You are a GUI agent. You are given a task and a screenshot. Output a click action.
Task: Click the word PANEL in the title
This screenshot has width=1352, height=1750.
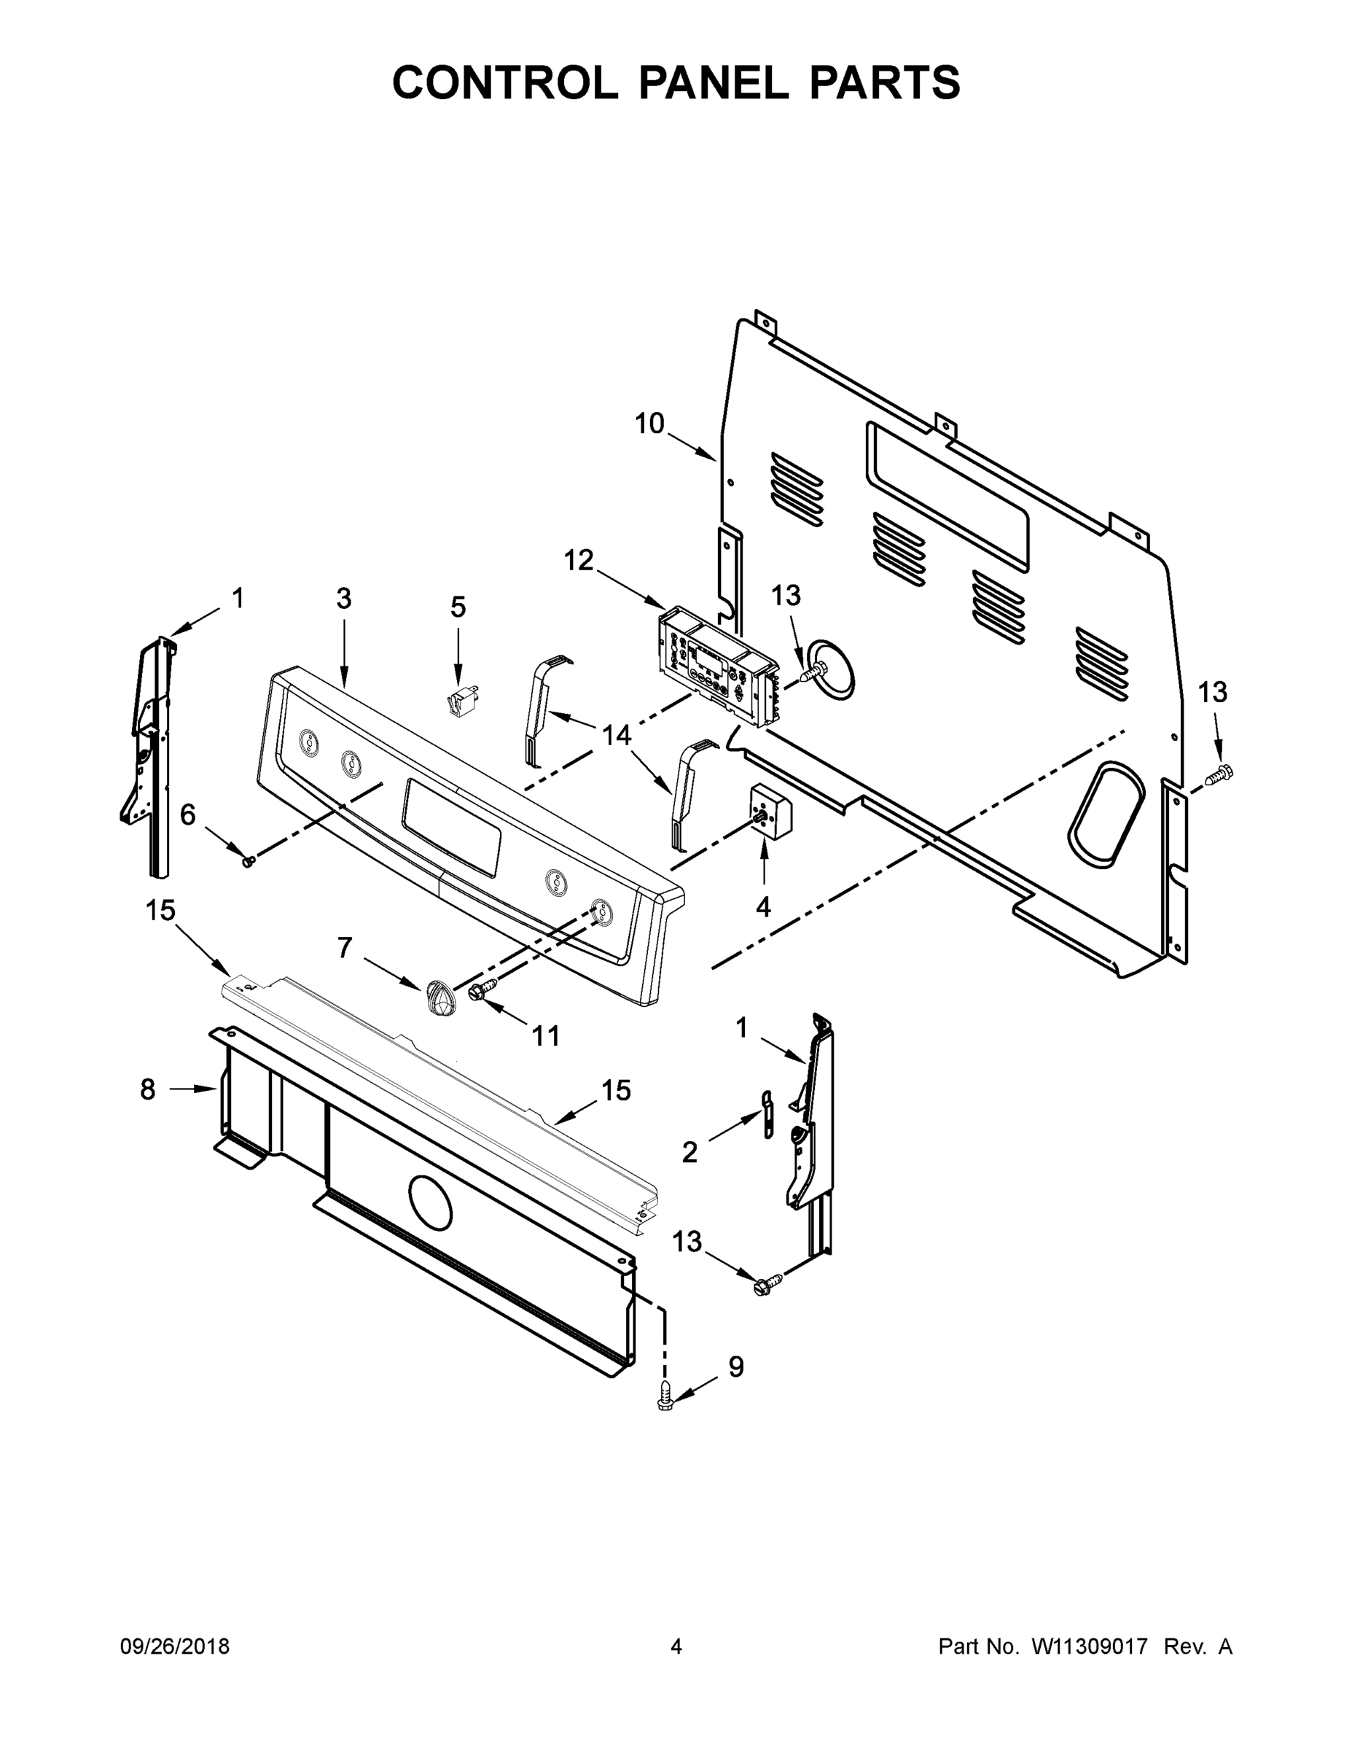[x=714, y=82]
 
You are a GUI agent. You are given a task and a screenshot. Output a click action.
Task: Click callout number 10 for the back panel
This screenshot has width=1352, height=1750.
[x=649, y=423]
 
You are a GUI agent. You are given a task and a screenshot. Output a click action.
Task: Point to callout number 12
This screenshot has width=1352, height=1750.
[x=578, y=560]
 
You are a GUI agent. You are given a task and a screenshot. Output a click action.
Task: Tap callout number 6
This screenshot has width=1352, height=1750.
[x=187, y=815]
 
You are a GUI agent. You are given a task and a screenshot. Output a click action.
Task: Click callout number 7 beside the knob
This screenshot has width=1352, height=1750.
[x=345, y=948]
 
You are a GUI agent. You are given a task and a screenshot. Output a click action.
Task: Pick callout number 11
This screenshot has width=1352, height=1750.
[x=546, y=1036]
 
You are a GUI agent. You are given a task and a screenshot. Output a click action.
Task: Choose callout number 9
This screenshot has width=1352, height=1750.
[x=735, y=1367]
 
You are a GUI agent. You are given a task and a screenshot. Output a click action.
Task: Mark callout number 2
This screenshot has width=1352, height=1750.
[x=689, y=1152]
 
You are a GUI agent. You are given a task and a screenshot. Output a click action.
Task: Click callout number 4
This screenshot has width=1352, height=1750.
[x=763, y=907]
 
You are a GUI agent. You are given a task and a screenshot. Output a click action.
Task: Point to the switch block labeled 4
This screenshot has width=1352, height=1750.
[x=770, y=811]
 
